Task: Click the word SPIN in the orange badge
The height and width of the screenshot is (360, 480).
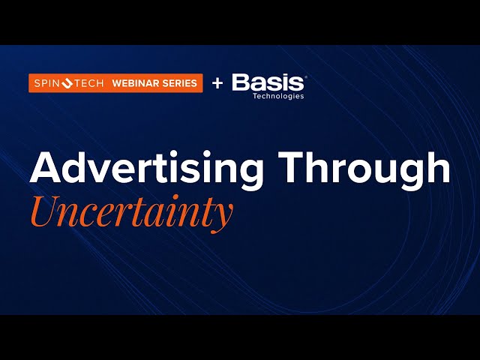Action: tap(46, 83)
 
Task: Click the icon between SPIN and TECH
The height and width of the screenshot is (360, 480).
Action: tap(67, 83)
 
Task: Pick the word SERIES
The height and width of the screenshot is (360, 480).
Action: tap(181, 83)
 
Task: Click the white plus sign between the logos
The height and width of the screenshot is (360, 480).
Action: tap(217, 83)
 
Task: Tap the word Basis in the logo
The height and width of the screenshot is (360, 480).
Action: tap(268, 82)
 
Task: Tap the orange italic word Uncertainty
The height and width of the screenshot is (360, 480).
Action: tap(131, 212)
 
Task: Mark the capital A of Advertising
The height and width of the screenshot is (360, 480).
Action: tap(43, 170)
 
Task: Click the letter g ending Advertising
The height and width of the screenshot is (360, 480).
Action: tap(251, 175)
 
